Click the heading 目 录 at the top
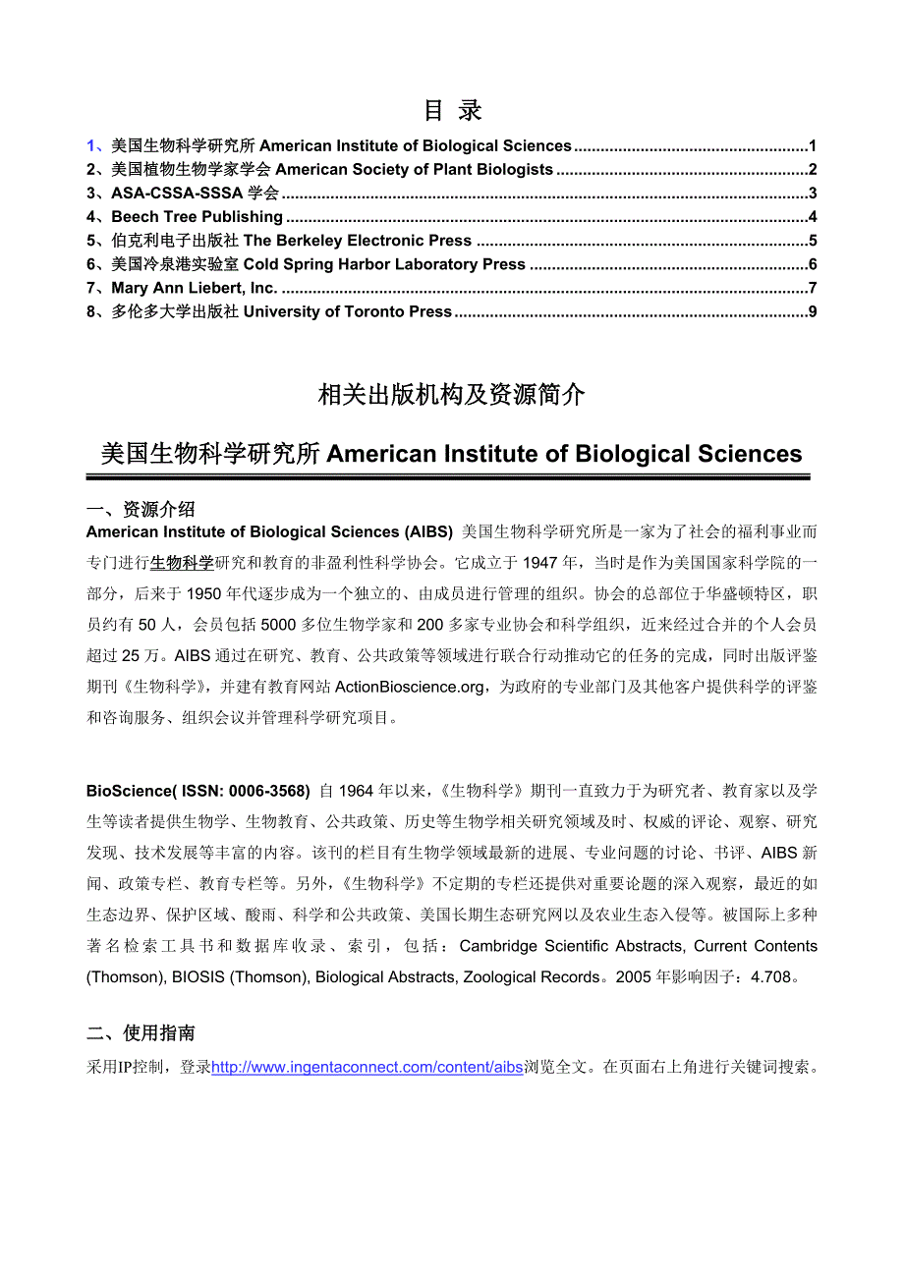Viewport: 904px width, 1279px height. [x=452, y=110]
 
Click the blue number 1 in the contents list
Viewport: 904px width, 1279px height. [x=91, y=146]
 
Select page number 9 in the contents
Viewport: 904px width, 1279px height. [x=812, y=312]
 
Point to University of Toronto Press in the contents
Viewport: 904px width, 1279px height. [x=347, y=312]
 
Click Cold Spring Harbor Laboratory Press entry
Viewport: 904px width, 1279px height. [x=384, y=264]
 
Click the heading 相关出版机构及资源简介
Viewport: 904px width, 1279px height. [x=452, y=395]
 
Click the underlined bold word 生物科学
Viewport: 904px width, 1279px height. [x=182, y=563]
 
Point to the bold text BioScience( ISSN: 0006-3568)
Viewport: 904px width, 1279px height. [x=198, y=790]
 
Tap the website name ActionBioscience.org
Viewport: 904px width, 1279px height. [x=410, y=687]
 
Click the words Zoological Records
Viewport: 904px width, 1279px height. [x=535, y=977]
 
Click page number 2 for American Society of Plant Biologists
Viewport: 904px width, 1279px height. [x=812, y=170]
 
